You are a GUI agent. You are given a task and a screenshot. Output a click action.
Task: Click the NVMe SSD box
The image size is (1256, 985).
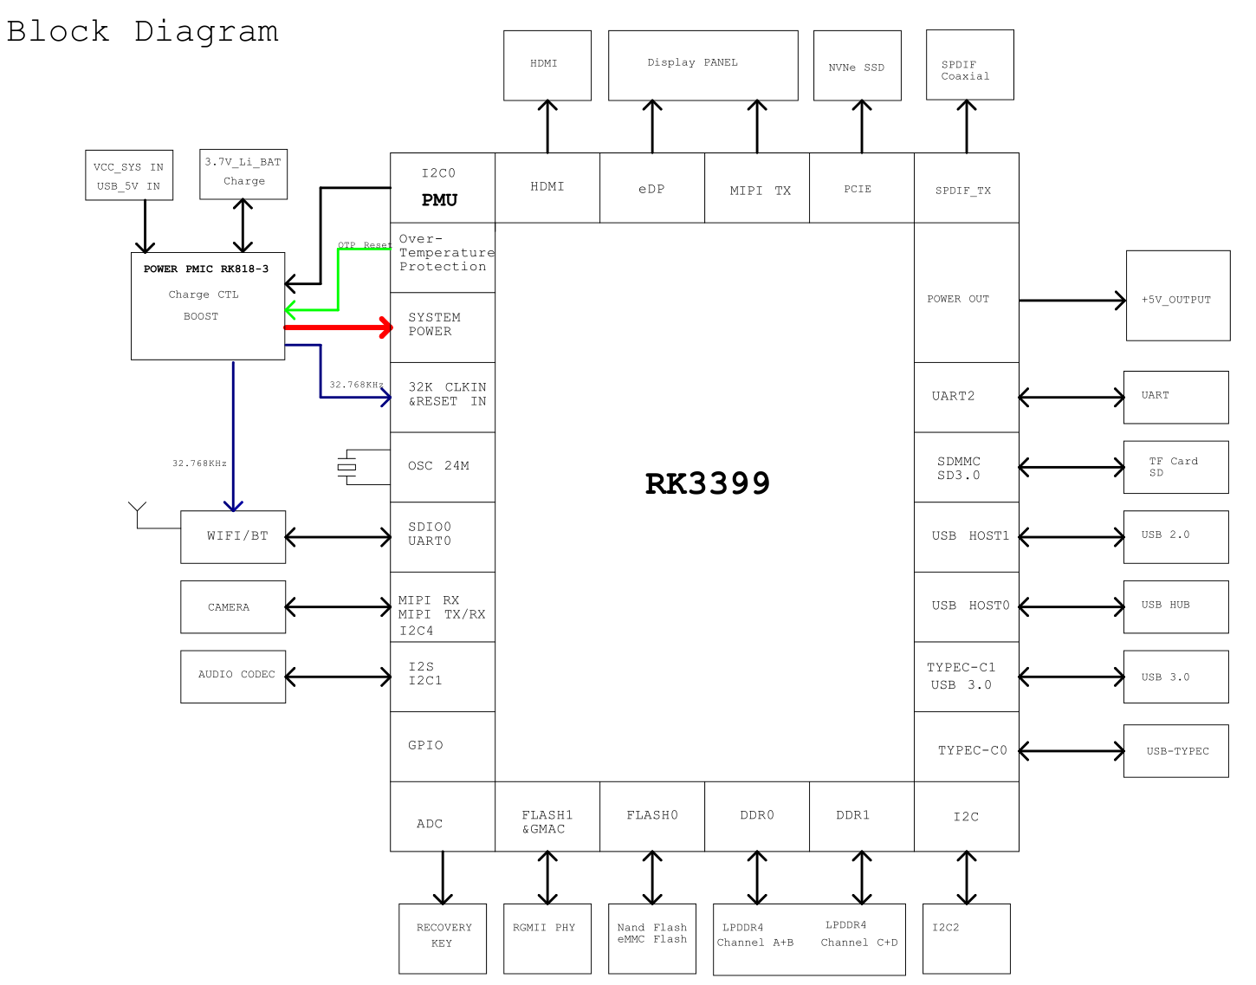pyautogui.click(x=857, y=66)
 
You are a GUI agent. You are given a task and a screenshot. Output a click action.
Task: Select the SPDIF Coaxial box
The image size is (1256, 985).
pyautogui.click(x=969, y=65)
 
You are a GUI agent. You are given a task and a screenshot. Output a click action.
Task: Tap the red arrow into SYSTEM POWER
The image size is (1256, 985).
pyautogui.click(x=338, y=327)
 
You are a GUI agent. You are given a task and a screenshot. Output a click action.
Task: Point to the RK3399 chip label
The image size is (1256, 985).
pyautogui.click(x=707, y=483)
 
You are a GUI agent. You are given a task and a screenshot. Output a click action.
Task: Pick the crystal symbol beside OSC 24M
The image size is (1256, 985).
pyautogui.click(x=347, y=467)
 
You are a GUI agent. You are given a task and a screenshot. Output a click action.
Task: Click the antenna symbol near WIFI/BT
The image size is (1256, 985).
pyautogui.click(x=138, y=512)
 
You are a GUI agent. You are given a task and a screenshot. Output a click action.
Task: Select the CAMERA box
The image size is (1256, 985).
pyautogui.click(x=233, y=606)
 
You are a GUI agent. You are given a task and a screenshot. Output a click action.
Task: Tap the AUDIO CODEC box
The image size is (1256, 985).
pyautogui.click(x=233, y=676)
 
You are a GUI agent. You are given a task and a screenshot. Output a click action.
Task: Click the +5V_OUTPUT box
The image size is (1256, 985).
pyautogui.click(x=1177, y=296)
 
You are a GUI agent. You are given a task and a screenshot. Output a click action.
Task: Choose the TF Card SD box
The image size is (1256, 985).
pyautogui.click(x=1175, y=467)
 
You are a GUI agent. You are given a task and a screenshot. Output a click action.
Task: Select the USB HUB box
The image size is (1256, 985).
pyautogui.click(x=1175, y=606)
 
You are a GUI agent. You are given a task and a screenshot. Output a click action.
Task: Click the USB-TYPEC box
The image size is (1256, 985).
pyautogui.click(x=1175, y=751)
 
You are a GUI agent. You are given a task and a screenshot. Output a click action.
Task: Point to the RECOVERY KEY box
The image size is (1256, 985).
pyautogui.click(x=443, y=938)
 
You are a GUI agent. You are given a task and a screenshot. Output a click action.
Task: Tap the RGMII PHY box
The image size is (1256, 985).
pyautogui.click(x=547, y=938)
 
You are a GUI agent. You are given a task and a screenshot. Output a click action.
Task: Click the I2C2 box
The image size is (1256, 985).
pyautogui.click(x=966, y=938)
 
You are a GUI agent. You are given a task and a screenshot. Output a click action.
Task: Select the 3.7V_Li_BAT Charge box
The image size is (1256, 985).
pyautogui.click(x=243, y=173)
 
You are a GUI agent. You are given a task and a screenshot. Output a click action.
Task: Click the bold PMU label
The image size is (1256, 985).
pyautogui.click(x=439, y=200)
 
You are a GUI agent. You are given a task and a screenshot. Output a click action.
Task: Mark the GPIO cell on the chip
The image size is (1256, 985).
pyautogui.click(x=442, y=746)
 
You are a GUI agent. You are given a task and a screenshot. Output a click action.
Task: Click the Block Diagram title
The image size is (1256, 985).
pyautogui.click(x=143, y=31)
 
